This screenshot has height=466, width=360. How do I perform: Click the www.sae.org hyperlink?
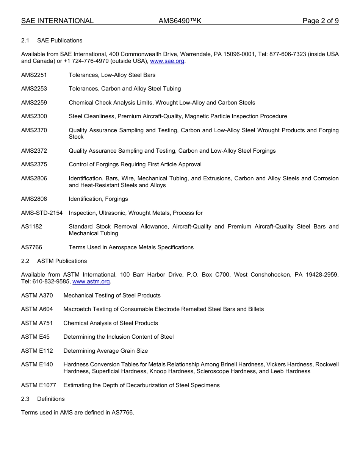167,61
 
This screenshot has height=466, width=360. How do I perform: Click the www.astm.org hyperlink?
91,281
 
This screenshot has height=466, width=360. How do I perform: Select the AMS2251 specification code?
34,75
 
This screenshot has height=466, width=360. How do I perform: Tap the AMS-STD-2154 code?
42,213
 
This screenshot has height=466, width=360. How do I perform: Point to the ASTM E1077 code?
39,385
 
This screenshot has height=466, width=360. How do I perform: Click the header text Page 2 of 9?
320,21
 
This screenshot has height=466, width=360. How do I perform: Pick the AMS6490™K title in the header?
180,21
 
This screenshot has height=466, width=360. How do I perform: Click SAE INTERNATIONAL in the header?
57,21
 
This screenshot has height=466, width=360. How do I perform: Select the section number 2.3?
25,399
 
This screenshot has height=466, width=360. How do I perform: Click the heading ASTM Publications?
62,261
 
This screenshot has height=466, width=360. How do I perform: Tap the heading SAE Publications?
59,41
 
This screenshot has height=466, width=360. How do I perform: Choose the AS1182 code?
32,227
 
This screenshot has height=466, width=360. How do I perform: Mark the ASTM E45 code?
35,337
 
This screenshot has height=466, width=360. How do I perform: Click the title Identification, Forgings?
98,199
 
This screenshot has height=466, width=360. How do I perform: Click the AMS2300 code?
34,116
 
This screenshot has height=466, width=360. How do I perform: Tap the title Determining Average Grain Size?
105,351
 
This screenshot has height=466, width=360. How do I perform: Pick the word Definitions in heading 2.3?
51,399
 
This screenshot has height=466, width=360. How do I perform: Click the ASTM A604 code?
37,309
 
